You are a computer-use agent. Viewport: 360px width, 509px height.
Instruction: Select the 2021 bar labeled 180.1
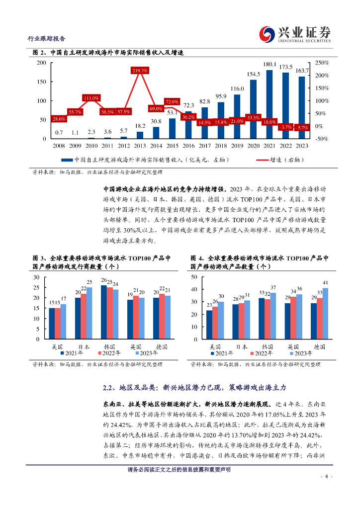[x=270, y=104]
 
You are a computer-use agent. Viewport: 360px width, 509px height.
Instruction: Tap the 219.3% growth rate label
[x=140, y=71]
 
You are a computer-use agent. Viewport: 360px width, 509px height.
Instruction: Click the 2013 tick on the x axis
[x=140, y=146]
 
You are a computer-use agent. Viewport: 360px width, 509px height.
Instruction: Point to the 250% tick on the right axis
[x=323, y=63]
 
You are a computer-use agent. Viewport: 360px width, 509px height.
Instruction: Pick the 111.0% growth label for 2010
[x=91, y=98]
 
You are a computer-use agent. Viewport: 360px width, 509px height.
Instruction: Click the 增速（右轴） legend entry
[x=279, y=160]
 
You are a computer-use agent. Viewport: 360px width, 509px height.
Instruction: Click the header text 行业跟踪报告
[x=45, y=39]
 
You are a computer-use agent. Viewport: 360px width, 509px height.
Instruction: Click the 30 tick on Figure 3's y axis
[x=36, y=277]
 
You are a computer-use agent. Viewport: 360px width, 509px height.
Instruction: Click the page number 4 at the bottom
[x=326, y=476]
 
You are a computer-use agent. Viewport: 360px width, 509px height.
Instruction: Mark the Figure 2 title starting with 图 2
[x=108, y=53]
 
